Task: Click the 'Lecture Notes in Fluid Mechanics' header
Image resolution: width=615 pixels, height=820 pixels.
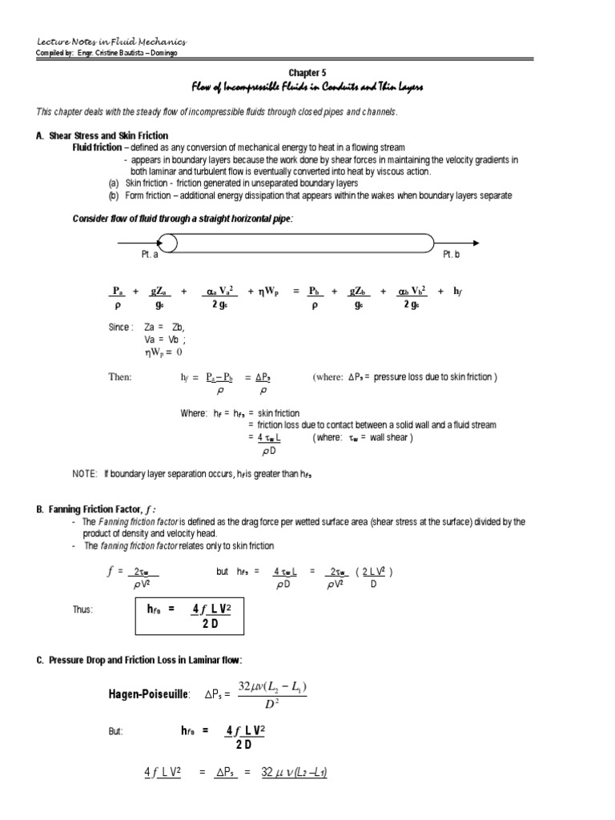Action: (x=111, y=41)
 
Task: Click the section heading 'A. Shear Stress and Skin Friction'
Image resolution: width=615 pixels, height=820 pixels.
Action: (x=102, y=136)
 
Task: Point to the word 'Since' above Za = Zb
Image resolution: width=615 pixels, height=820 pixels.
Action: (x=120, y=328)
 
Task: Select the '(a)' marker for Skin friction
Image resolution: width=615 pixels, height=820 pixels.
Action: (x=114, y=183)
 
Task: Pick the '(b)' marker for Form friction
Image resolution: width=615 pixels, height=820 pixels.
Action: (x=114, y=195)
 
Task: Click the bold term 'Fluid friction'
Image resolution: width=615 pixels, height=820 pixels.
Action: (x=97, y=148)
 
